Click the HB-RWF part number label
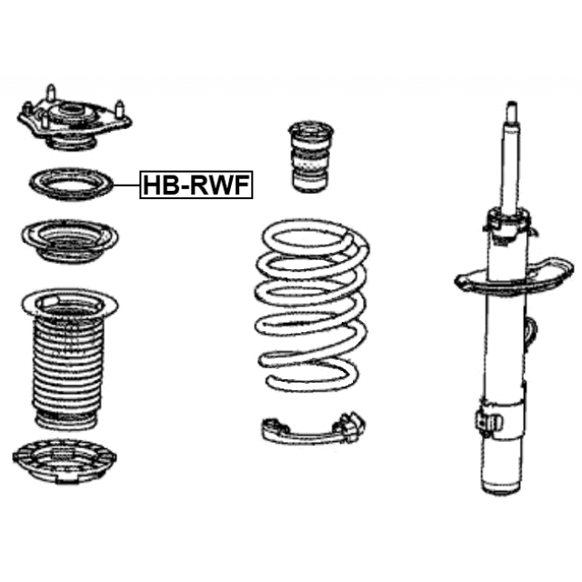[196, 186]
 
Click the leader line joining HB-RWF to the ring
[126, 186]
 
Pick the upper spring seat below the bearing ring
[70, 243]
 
